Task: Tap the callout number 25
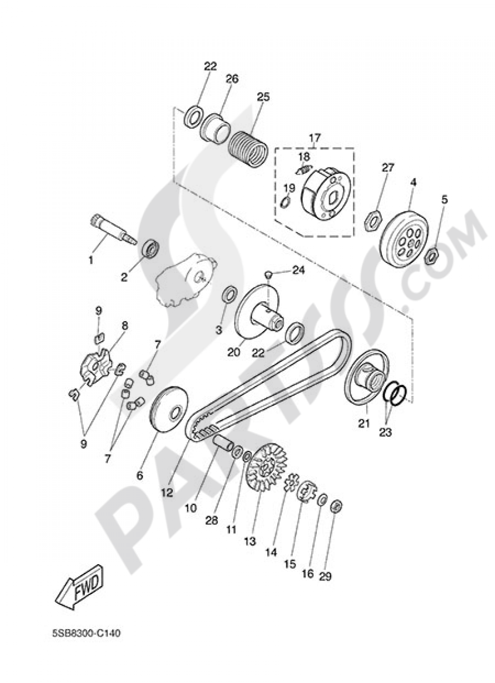(x=263, y=97)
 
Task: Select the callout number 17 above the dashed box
(x=315, y=137)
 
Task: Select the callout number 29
(x=339, y=576)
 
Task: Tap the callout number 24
(x=297, y=270)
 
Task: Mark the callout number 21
(x=364, y=423)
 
